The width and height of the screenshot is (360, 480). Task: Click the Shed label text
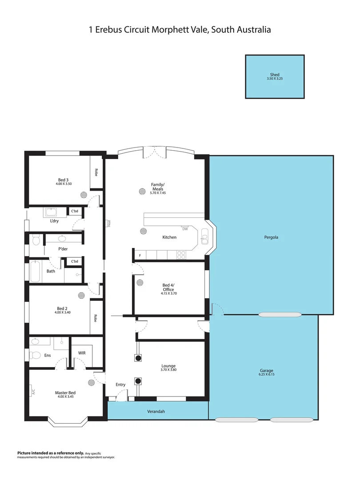pyautogui.click(x=275, y=75)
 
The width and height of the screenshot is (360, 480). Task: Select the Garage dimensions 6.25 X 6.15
pyautogui.click(x=267, y=375)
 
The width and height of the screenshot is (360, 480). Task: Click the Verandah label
pyautogui.click(x=156, y=412)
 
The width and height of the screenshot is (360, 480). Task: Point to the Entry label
pyautogui.click(x=120, y=384)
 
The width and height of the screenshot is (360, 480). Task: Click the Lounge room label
pyautogui.click(x=168, y=366)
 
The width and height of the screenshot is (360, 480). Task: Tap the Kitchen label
pyautogui.click(x=169, y=237)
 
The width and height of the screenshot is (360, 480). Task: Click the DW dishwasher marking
pyautogui.click(x=185, y=229)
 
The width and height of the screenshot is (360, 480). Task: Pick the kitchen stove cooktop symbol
pyautogui.click(x=182, y=255)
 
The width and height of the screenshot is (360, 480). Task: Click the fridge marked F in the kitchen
pyautogui.click(x=140, y=255)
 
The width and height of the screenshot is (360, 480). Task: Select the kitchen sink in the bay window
pyautogui.click(x=204, y=236)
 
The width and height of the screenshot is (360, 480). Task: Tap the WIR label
pyautogui.click(x=82, y=353)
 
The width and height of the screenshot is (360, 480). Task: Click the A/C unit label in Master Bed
pyautogui.click(x=32, y=392)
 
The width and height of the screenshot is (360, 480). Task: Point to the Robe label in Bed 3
pyautogui.click(x=95, y=172)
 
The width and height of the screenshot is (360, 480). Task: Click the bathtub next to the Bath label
pyautogui.click(x=36, y=272)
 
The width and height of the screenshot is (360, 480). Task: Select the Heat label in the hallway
pyautogui.click(x=108, y=224)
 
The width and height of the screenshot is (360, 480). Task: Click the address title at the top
pyautogui.click(x=180, y=30)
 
